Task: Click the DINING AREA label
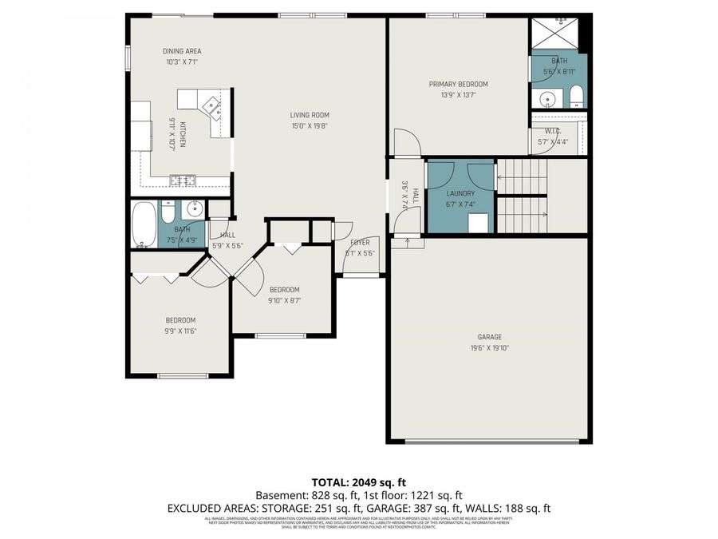point(182,51)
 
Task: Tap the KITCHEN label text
point(183,133)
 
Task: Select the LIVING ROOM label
point(310,115)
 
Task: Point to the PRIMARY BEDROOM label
point(458,84)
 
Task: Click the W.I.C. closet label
point(553,132)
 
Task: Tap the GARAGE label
point(490,337)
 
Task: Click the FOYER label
point(360,242)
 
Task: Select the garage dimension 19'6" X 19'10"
point(490,347)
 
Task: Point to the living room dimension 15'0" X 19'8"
point(310,125)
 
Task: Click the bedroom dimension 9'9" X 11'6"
point(179,331)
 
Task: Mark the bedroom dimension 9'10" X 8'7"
point(284,300)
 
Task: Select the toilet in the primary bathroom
point(576,98)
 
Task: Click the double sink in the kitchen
point(183,180)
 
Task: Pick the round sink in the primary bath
point(546,100)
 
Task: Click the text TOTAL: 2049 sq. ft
point(358,482)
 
